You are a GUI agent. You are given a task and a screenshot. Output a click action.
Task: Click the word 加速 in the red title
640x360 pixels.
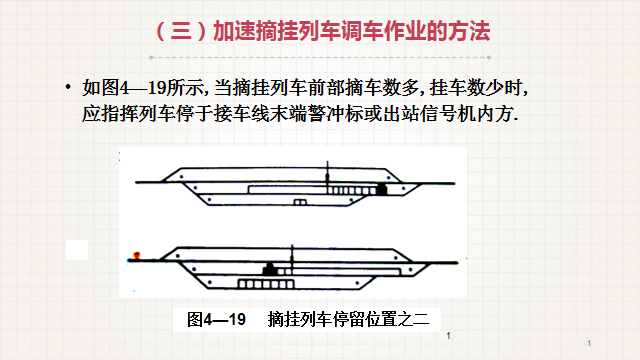point(234,31)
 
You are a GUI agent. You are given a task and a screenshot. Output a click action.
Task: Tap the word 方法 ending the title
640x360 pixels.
point(469,31)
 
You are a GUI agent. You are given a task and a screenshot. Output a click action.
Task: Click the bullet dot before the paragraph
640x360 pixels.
point(68,87)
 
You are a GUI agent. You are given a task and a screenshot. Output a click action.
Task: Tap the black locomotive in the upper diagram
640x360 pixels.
point(381,189)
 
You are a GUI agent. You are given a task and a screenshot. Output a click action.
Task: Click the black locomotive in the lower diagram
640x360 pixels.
point(269,269)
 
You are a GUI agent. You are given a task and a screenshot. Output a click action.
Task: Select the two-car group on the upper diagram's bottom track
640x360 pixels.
point(300,202)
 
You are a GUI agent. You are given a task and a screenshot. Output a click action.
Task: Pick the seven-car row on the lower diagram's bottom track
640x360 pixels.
point(266,284)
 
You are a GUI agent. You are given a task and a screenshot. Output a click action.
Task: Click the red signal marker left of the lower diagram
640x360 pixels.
point(137,256)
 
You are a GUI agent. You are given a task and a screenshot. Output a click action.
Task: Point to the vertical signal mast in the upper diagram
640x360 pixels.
point(327,177)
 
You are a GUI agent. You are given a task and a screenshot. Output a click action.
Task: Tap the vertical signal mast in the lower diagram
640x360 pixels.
point(292,258)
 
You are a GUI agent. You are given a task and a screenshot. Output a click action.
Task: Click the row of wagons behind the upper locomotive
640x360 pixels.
point(351,191)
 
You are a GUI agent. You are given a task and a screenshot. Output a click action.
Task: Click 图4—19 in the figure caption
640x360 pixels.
point(216,319)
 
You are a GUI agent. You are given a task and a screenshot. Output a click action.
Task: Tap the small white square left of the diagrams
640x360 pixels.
point(77,250)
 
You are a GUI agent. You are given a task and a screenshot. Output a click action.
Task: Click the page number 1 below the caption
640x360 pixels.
point(449,336)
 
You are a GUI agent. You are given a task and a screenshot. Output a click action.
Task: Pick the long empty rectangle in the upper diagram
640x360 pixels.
point(287,190)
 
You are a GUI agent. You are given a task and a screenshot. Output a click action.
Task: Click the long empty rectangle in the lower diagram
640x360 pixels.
point(346,271)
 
